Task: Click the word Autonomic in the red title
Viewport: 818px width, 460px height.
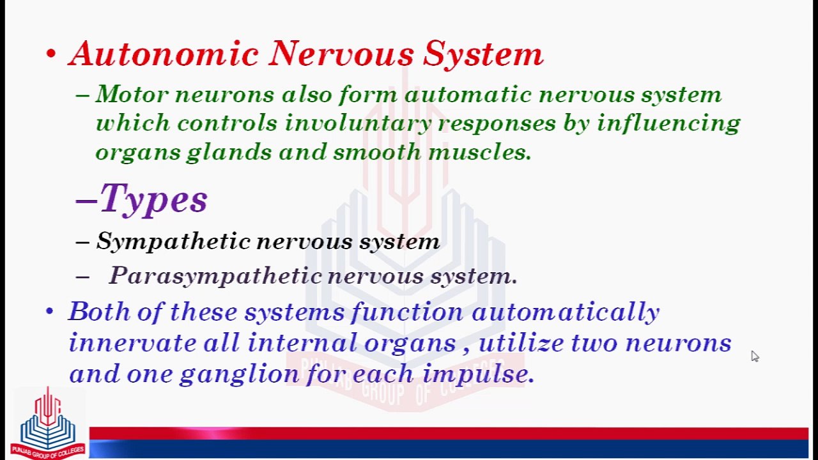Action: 163,54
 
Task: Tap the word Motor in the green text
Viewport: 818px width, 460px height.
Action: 131,95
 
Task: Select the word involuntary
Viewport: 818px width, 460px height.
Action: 357,123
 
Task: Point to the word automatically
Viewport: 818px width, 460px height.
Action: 565,312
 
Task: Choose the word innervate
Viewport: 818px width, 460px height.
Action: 132,343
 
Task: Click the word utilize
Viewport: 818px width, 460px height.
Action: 521,343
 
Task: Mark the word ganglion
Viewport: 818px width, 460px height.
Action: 239,374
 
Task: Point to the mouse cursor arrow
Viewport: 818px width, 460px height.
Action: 755,356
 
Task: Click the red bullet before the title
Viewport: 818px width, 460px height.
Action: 51,54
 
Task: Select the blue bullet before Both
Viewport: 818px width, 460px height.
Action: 50,312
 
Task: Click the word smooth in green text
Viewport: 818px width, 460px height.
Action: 377,152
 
